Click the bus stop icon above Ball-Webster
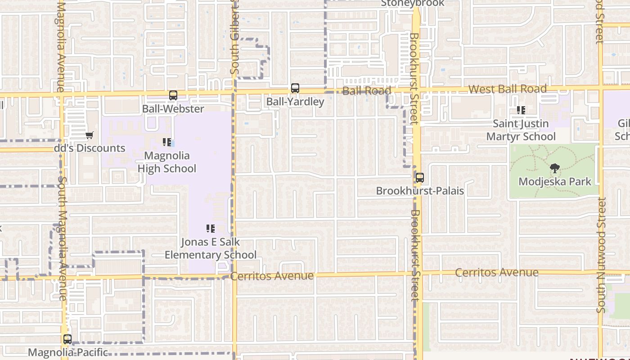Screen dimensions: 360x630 [173, 95]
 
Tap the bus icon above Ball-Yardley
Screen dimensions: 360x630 [295, 88]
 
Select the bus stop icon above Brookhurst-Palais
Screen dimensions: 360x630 [420, 178]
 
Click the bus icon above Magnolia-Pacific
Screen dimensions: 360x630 [67, 339]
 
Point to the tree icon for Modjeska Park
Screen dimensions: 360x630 [555, 169]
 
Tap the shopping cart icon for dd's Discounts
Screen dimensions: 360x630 [90, 135]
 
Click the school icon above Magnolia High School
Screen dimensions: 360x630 [167, 143]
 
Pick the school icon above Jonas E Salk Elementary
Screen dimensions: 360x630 [211, 229]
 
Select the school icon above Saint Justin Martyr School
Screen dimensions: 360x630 [521, 110]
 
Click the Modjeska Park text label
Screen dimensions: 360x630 [555, 182]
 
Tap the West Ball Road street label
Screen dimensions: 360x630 [508, 89]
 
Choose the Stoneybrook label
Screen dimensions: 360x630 [413, 4]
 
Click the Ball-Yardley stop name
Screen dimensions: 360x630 [295, 102]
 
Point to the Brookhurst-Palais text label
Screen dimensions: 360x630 [420, 191]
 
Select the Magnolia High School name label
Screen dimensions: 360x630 [167, 162]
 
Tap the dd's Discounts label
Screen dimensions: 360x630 [93, 148]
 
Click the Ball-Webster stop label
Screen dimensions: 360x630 [173, 109]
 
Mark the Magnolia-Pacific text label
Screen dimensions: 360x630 [68, 352]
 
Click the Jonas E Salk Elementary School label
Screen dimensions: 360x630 [211, 248]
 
